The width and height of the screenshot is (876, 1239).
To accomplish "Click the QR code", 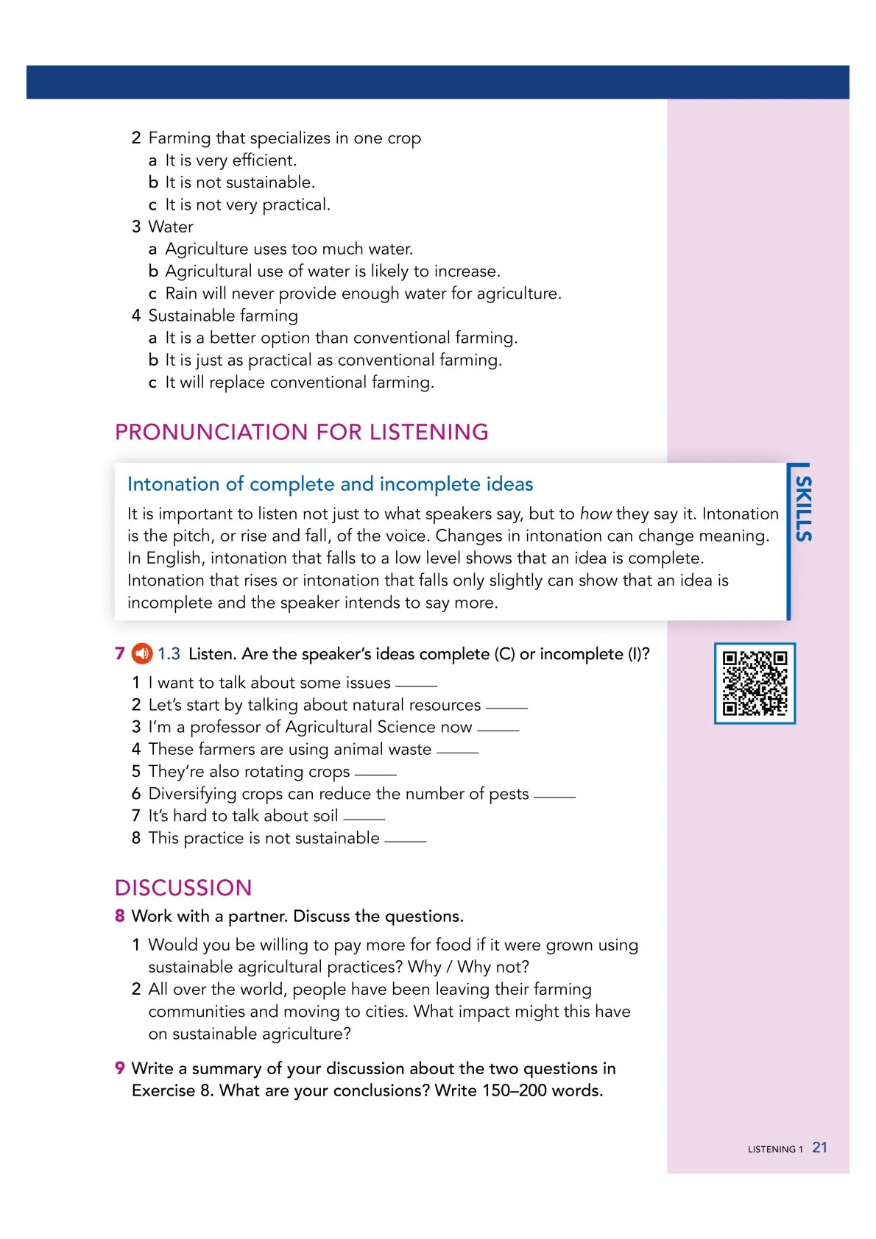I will coord(755,684).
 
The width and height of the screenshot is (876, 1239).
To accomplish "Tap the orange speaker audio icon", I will coord(141,653).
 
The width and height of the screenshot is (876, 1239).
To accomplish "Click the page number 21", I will coord(819,1148).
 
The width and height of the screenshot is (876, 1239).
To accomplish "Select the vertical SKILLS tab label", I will coord(803,509).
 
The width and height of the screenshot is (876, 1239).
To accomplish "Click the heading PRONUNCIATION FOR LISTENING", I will coord(302,432).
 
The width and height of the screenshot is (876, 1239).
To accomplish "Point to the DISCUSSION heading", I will coord(183,888).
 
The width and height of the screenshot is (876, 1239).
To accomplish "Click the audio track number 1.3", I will coord(169,653).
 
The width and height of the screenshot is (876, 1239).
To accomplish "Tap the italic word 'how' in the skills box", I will coord(595,514).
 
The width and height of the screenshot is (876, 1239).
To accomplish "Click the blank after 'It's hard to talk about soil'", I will coord(364,818).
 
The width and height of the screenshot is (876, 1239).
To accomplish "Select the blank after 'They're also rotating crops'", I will coord(375,774).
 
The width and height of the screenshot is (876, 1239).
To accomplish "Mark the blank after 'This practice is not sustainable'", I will coord(406,840).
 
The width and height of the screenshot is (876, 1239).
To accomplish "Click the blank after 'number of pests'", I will coord(554,796).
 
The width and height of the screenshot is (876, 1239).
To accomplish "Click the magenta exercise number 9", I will coord(120,1068).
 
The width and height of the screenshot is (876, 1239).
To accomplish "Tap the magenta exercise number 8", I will coord(120,916).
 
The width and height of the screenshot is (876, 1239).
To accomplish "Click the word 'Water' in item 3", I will coord(171,227).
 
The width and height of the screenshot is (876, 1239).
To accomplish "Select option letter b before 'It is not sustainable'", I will coord(153,182).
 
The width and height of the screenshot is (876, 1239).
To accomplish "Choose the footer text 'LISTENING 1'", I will coord(774,1149).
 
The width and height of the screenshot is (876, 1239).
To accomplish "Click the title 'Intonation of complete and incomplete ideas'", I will coord(330,484).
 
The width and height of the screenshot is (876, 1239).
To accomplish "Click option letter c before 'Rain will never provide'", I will coord(153,294).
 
